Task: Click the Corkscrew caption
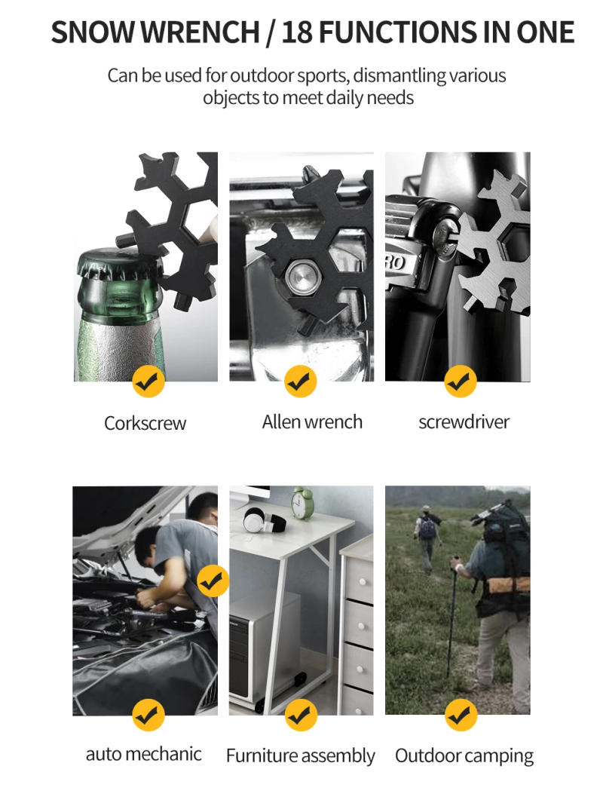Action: tap(145, 423)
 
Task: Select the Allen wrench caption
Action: tap(312, 422)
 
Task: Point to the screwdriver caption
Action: tap(464, 422)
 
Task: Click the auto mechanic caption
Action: tap(143, 754)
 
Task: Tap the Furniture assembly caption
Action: tap(300, 755)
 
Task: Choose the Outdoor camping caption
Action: tap(464, 755)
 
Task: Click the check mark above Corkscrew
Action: tap(148, 382)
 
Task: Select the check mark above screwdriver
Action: tap(460, 382)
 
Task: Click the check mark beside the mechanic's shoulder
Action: tap(213, 581)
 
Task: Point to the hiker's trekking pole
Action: tap(452, 618)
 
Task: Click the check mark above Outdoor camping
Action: tap(460, 714)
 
